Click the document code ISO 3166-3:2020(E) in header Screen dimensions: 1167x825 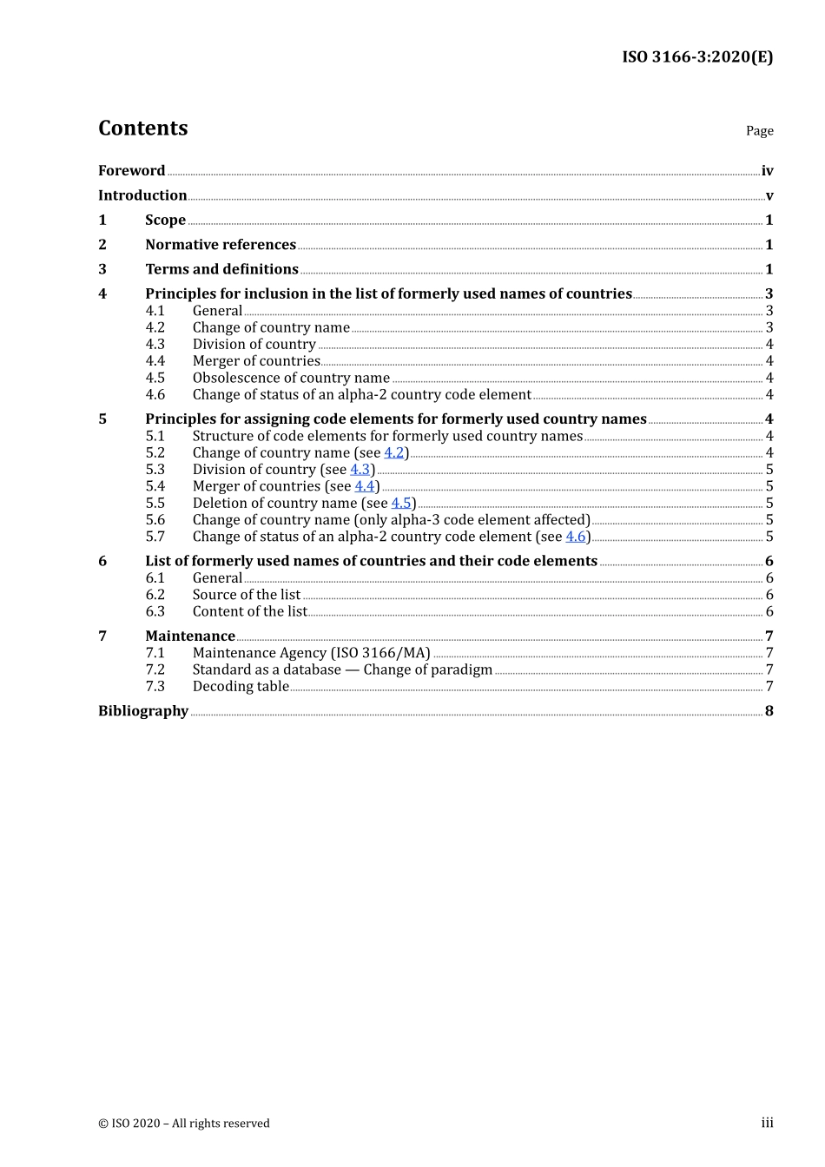pyautogui.click(x=696, y=57)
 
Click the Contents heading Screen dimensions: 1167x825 pyautogui.click(x=142, y=129)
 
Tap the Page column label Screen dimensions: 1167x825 pyautogui.click(x=759, y=131)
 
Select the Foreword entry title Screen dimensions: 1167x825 pyautogui.click(x=131, y=171)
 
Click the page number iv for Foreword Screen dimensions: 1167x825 pyautogui.click(x=767, y=171)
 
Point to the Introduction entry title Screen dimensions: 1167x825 pyautogui.click(x=142, y=195)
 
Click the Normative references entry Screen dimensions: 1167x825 pyautogui.click(x=221, y=245)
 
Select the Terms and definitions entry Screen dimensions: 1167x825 pyautogui.click(x=221, y=269)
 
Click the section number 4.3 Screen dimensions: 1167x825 pyautogui.click(x=155, y=345)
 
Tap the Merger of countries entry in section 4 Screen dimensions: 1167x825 pyautogui.click(x=256, y=361)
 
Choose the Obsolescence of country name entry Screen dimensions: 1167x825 pyautogui.click(x=291, y=378)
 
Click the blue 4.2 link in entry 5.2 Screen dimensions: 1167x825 pyautogui.click(x=394, y=453)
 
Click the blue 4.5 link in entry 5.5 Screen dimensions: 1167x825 pyautogui.click(x=401, y=504)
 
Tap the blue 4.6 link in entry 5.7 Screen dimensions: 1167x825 pyautogui.click(x=576, y=537)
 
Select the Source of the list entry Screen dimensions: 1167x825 pyautogui.click(x=247, y=595)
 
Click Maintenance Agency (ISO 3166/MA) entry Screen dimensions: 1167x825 pyautogui.click(x=311, y=653)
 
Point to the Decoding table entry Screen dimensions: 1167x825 pyautogui.click(x=241, y=687)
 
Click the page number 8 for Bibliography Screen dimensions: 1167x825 pyautogui.click(x=769, y=711)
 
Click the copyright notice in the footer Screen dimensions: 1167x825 pyautogui.click(x=184, y=1124)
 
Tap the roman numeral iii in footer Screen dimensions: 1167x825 pyautogui.click(x=767, y=1124)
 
